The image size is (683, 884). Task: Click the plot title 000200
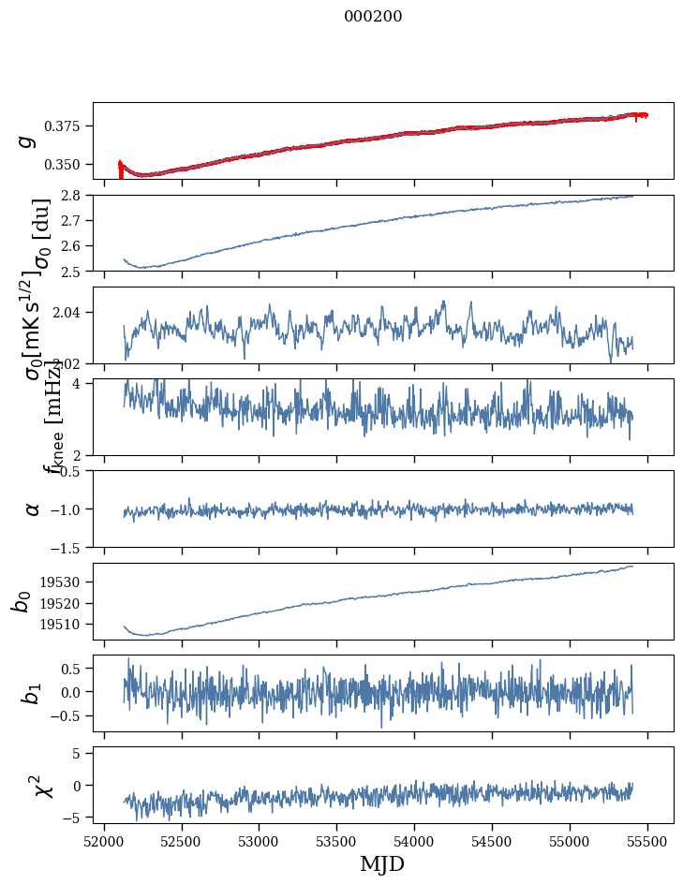click(x=373, y=16)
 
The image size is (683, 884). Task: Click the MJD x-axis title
click(x=382, y=863)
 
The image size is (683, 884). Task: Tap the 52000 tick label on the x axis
click(x=104, y=840)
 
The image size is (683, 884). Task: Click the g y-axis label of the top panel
click(x=28, y=140)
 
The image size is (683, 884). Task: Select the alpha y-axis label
click(x=33, y=508)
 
